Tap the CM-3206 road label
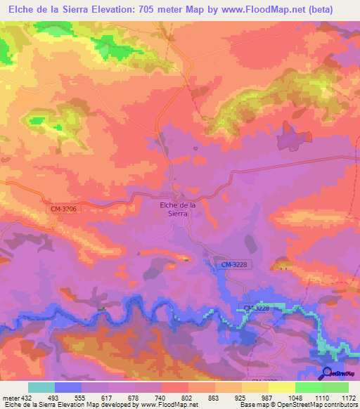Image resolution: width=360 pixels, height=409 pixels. tap(63, 209)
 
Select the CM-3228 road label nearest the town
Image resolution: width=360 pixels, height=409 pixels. tap(232, 264)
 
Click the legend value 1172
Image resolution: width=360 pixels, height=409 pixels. tap(348, 397)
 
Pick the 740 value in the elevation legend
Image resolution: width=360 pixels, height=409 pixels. tap(161, 397)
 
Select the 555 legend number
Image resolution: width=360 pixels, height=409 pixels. tap(81, 397)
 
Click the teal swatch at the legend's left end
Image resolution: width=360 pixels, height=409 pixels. tap(41, 387)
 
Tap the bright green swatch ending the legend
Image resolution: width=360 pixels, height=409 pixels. tap(335, 387)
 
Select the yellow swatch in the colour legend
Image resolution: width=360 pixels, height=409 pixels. tap(282, 387)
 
